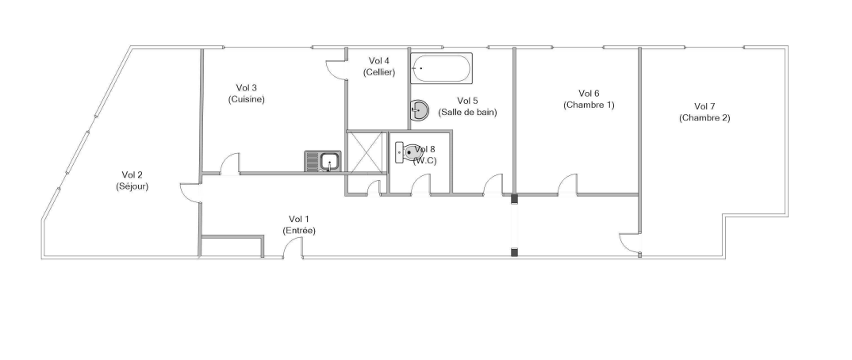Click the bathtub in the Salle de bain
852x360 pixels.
click(x=441, y=68)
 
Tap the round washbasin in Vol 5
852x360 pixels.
click(x=418, y=110)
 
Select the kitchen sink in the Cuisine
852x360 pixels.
click(x=323, y=161)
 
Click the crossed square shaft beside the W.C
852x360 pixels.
click(x=367, y=152)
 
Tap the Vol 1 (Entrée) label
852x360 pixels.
click(x=299, y=224)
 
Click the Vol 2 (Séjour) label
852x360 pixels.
click(x=132, y=180)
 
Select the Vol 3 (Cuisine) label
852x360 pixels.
click(x=246, y=94)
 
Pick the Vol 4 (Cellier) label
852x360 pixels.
click(x=378, y=67)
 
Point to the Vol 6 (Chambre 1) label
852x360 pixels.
click(x=589, y=99)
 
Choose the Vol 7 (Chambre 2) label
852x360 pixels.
click(x=704, y=112)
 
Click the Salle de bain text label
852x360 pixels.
click(x=467, y=113)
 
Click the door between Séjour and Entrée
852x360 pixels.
click(x=190, y=193)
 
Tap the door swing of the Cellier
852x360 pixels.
click(x=336, y=70)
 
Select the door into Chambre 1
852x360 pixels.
click(x=568, y=184)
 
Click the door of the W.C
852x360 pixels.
click(x=420, y=184)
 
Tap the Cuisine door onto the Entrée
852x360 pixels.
click(x=230, y=163)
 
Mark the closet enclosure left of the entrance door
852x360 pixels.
click(x=232, y=246)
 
